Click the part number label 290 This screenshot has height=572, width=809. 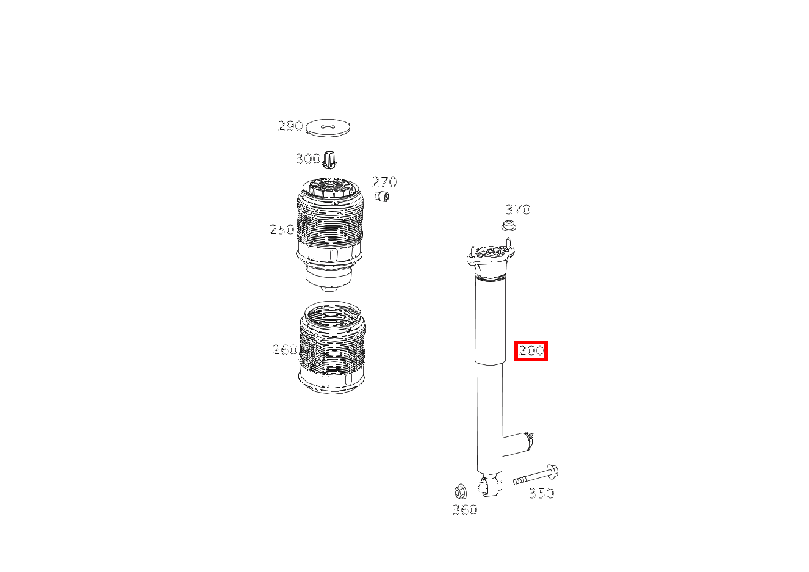[x=290, y=126]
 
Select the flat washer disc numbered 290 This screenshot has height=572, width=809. [x=329, y=128]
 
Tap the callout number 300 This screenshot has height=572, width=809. [x=307, y=159]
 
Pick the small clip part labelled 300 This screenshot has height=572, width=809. [x=329, y=161]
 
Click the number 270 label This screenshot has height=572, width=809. [x=384, y=182]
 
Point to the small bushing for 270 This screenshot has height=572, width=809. [x=383, y=197]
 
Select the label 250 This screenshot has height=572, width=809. [x=282, y=230]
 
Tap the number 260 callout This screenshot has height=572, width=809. [x=284, y=350]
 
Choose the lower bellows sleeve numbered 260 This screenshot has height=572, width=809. [x=332, y=351]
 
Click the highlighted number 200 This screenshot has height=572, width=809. [x=531, y=351]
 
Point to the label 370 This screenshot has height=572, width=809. [x=518, y=209]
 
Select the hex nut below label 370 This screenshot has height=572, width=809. [x=509, y=226]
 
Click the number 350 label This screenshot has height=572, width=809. [x=541, y=493]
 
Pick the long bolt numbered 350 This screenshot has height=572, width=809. [x=536, y=476]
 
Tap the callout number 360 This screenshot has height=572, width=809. [x=465, y=510]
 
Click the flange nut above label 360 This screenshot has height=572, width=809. [x=461, y=491]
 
